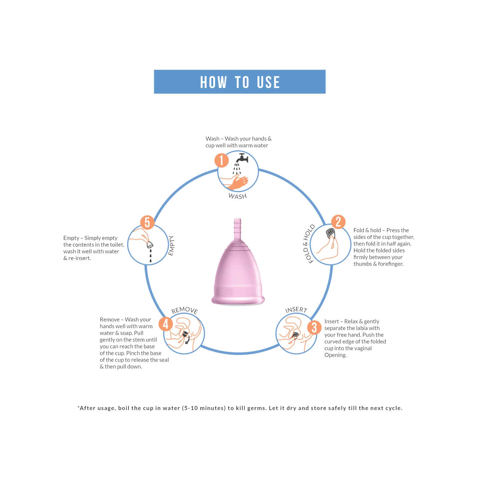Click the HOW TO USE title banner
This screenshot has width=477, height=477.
(239, 82)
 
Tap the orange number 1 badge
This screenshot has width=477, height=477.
(221, 160)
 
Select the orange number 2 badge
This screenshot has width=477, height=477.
(338, 222)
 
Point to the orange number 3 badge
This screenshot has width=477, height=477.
(314, 328)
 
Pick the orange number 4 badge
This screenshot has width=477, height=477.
(166, 324)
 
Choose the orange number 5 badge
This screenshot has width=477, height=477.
(147, 222)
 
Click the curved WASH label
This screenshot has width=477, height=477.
(238, 196)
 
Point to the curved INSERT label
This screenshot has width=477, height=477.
(296, 310)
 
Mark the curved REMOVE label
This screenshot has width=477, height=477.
(184, 310)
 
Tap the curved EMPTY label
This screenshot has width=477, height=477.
(171, 245)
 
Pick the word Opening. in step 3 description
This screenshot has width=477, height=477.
(335, 355)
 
